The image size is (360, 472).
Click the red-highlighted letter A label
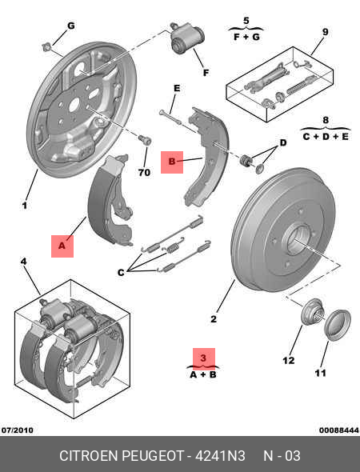point(62,246)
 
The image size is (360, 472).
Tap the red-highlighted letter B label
point(172,162)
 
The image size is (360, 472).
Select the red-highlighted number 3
point(204,358)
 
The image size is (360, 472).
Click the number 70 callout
point(144,173)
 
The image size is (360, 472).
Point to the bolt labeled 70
point(145,140)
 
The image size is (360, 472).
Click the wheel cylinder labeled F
point(187,39)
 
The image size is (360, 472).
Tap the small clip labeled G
point(46,47)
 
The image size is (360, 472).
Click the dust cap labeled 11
point(338,325)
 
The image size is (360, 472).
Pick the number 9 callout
point(325,32)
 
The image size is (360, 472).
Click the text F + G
point(246,37)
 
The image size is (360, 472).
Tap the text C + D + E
point(326,137)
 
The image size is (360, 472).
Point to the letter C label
point(121,273)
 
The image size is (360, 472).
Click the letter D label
point(283,142)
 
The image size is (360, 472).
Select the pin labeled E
point(171,117)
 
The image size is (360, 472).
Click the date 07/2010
point(18,430)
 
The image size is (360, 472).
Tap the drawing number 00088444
point(339,430)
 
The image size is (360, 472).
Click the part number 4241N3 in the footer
point(220,456)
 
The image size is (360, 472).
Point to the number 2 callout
point(214,318)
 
